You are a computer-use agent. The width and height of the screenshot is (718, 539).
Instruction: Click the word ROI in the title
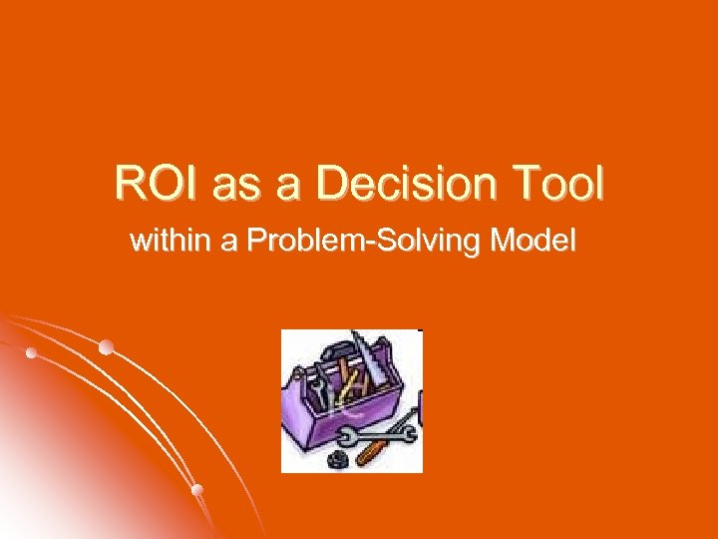click(151, 184)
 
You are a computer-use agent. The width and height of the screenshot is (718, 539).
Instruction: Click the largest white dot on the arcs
click(106, 347)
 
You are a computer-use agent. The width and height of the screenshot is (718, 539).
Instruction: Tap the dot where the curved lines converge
click(33, 353)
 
